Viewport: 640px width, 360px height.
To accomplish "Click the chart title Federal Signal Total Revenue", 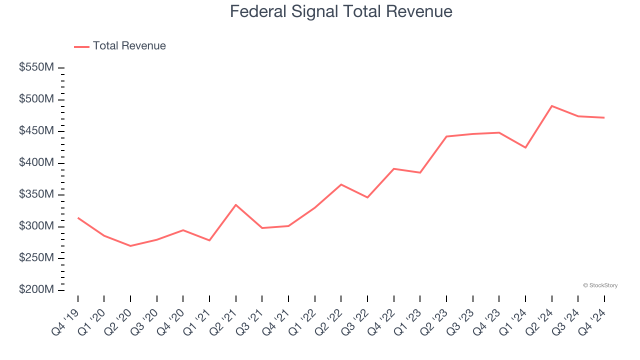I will click(341, 11).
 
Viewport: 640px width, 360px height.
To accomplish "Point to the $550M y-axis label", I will click(36, 67).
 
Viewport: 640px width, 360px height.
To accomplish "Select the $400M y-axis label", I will click(36, 163).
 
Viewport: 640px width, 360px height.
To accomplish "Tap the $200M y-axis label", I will click(36, 290).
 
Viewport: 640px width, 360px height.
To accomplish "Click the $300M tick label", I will click(36, 226).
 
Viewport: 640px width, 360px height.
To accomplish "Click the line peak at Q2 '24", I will click(551, 106).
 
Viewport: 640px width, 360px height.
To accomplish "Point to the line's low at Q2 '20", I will click(130, 246).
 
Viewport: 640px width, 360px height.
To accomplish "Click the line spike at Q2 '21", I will click(235, 205).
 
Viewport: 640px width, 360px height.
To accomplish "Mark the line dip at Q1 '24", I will click(525, 147).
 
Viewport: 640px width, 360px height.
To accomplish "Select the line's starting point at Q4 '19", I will click(78, 218).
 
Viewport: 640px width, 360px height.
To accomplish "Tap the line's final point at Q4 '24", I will click(604, 117).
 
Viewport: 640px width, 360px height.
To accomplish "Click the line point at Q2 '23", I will click(446, 136).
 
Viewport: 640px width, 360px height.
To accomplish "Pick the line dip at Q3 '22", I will click(367, 197).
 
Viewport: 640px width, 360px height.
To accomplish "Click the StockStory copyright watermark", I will click(600, 285).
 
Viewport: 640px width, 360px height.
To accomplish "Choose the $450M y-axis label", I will click(36, 131).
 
